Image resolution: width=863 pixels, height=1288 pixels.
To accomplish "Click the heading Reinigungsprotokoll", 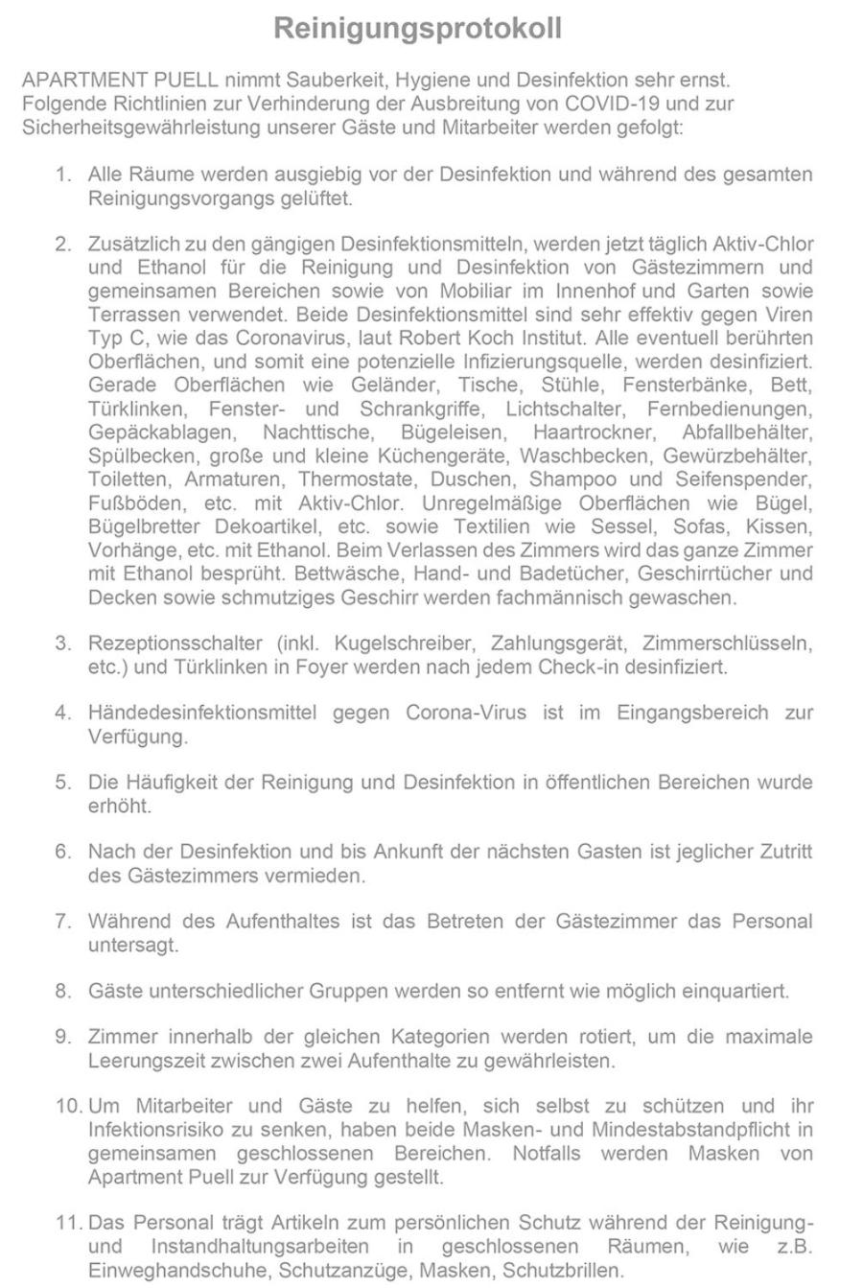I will pos(417,29).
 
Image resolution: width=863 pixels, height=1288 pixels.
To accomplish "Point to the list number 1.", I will pos(63,176).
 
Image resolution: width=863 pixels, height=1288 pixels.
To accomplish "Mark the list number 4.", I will pos(63,713).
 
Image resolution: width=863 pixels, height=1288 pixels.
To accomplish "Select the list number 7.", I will pos(63,922).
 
